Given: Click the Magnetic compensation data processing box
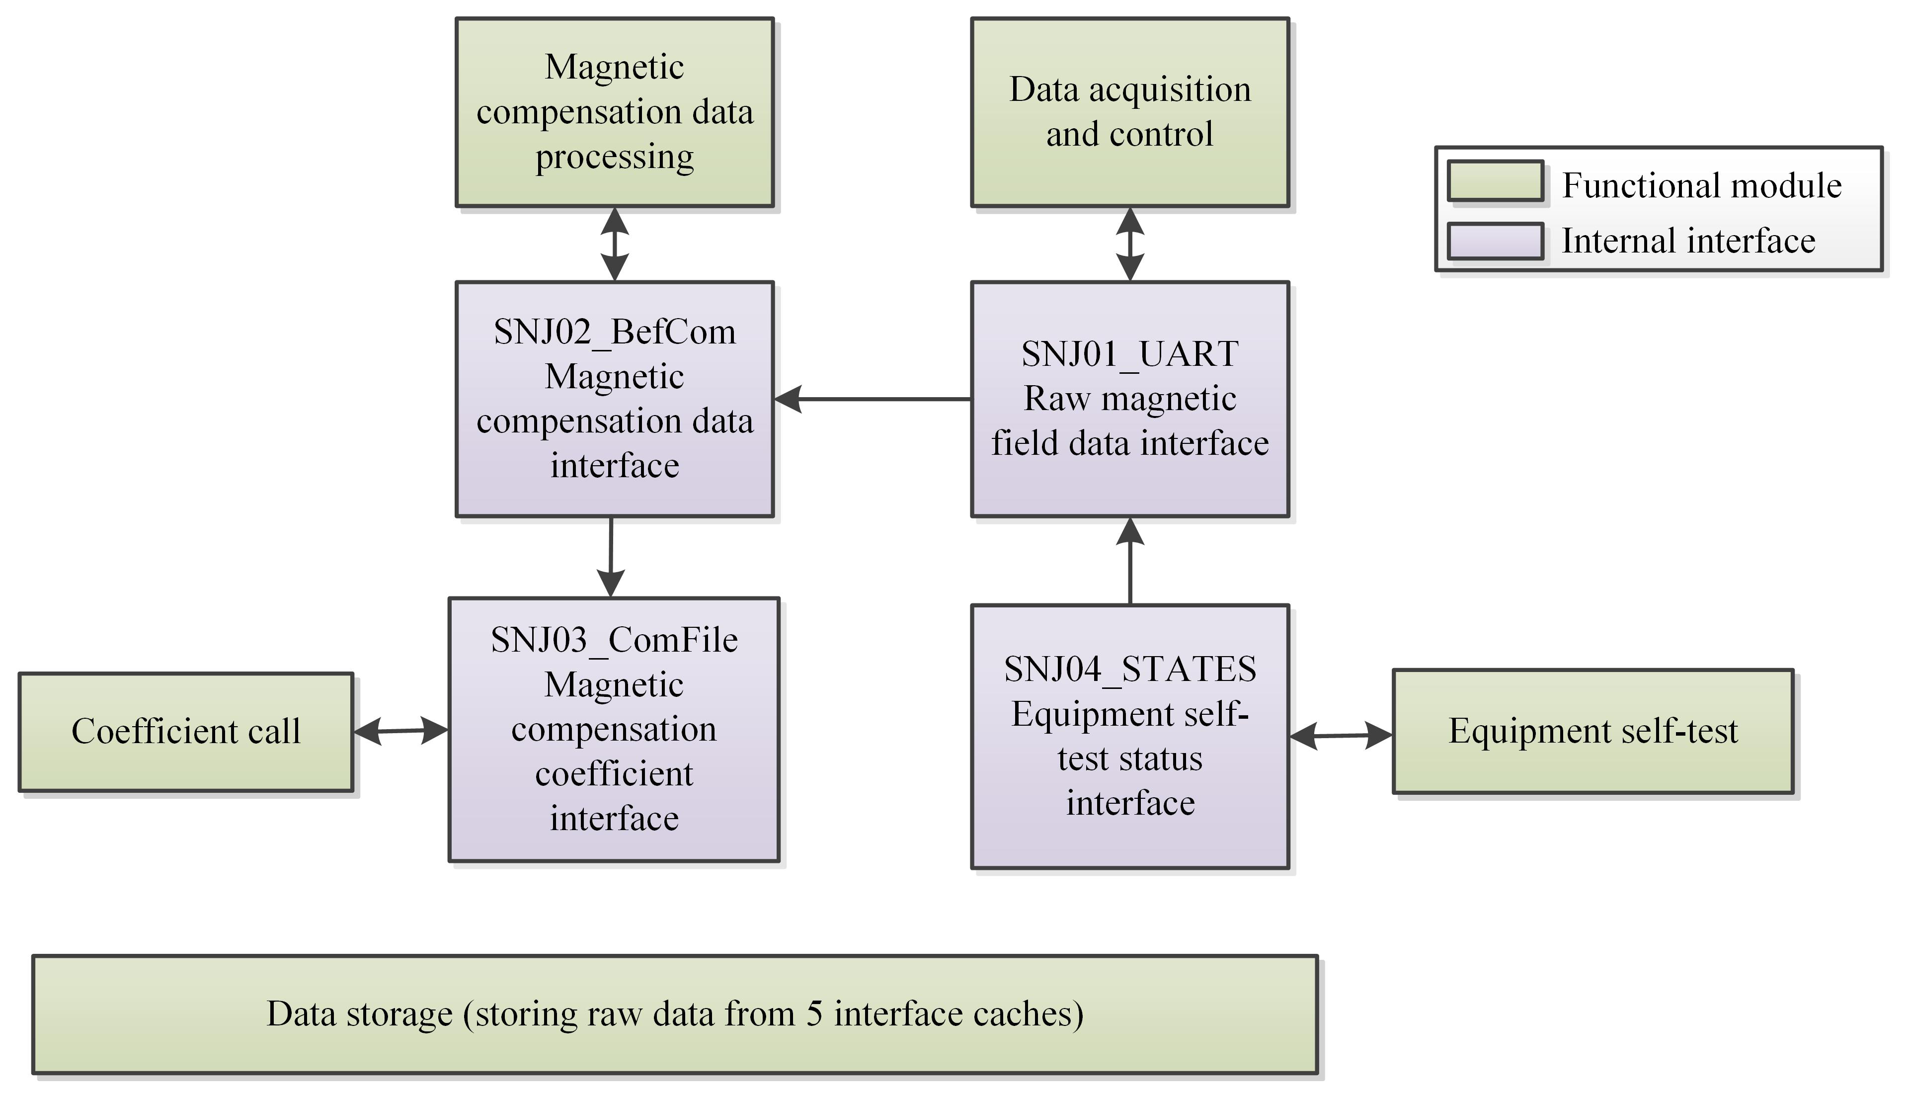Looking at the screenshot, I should point(615,112).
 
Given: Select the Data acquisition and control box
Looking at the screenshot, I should point(1129,112).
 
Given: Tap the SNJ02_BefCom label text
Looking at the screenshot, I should point(615,332).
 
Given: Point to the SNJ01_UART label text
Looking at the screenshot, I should point(1129,354).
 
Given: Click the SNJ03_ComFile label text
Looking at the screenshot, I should point(615,640).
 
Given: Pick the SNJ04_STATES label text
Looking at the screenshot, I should point(1129,669).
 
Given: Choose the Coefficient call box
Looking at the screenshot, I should point(185,732).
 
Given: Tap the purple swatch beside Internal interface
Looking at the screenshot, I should point(1495,241).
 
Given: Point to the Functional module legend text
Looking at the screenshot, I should point(1701,185).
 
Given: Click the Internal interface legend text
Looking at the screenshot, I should point(1688,241).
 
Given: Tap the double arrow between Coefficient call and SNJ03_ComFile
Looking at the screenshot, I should point(401,730).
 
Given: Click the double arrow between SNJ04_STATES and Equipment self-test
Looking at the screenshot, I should point(1341,735).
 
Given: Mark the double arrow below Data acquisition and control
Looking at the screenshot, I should point(1129,244).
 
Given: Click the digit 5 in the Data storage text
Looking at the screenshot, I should point(814,1014).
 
